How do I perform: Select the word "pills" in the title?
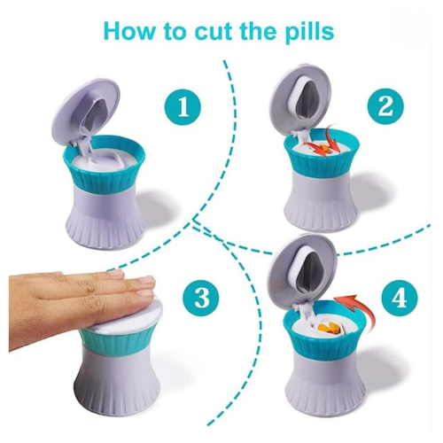click(x=308, y=31)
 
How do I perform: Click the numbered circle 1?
click(x=183, y=107)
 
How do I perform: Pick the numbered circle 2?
click(x=385, y=106)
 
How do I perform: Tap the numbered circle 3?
click(x=202, y=297)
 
